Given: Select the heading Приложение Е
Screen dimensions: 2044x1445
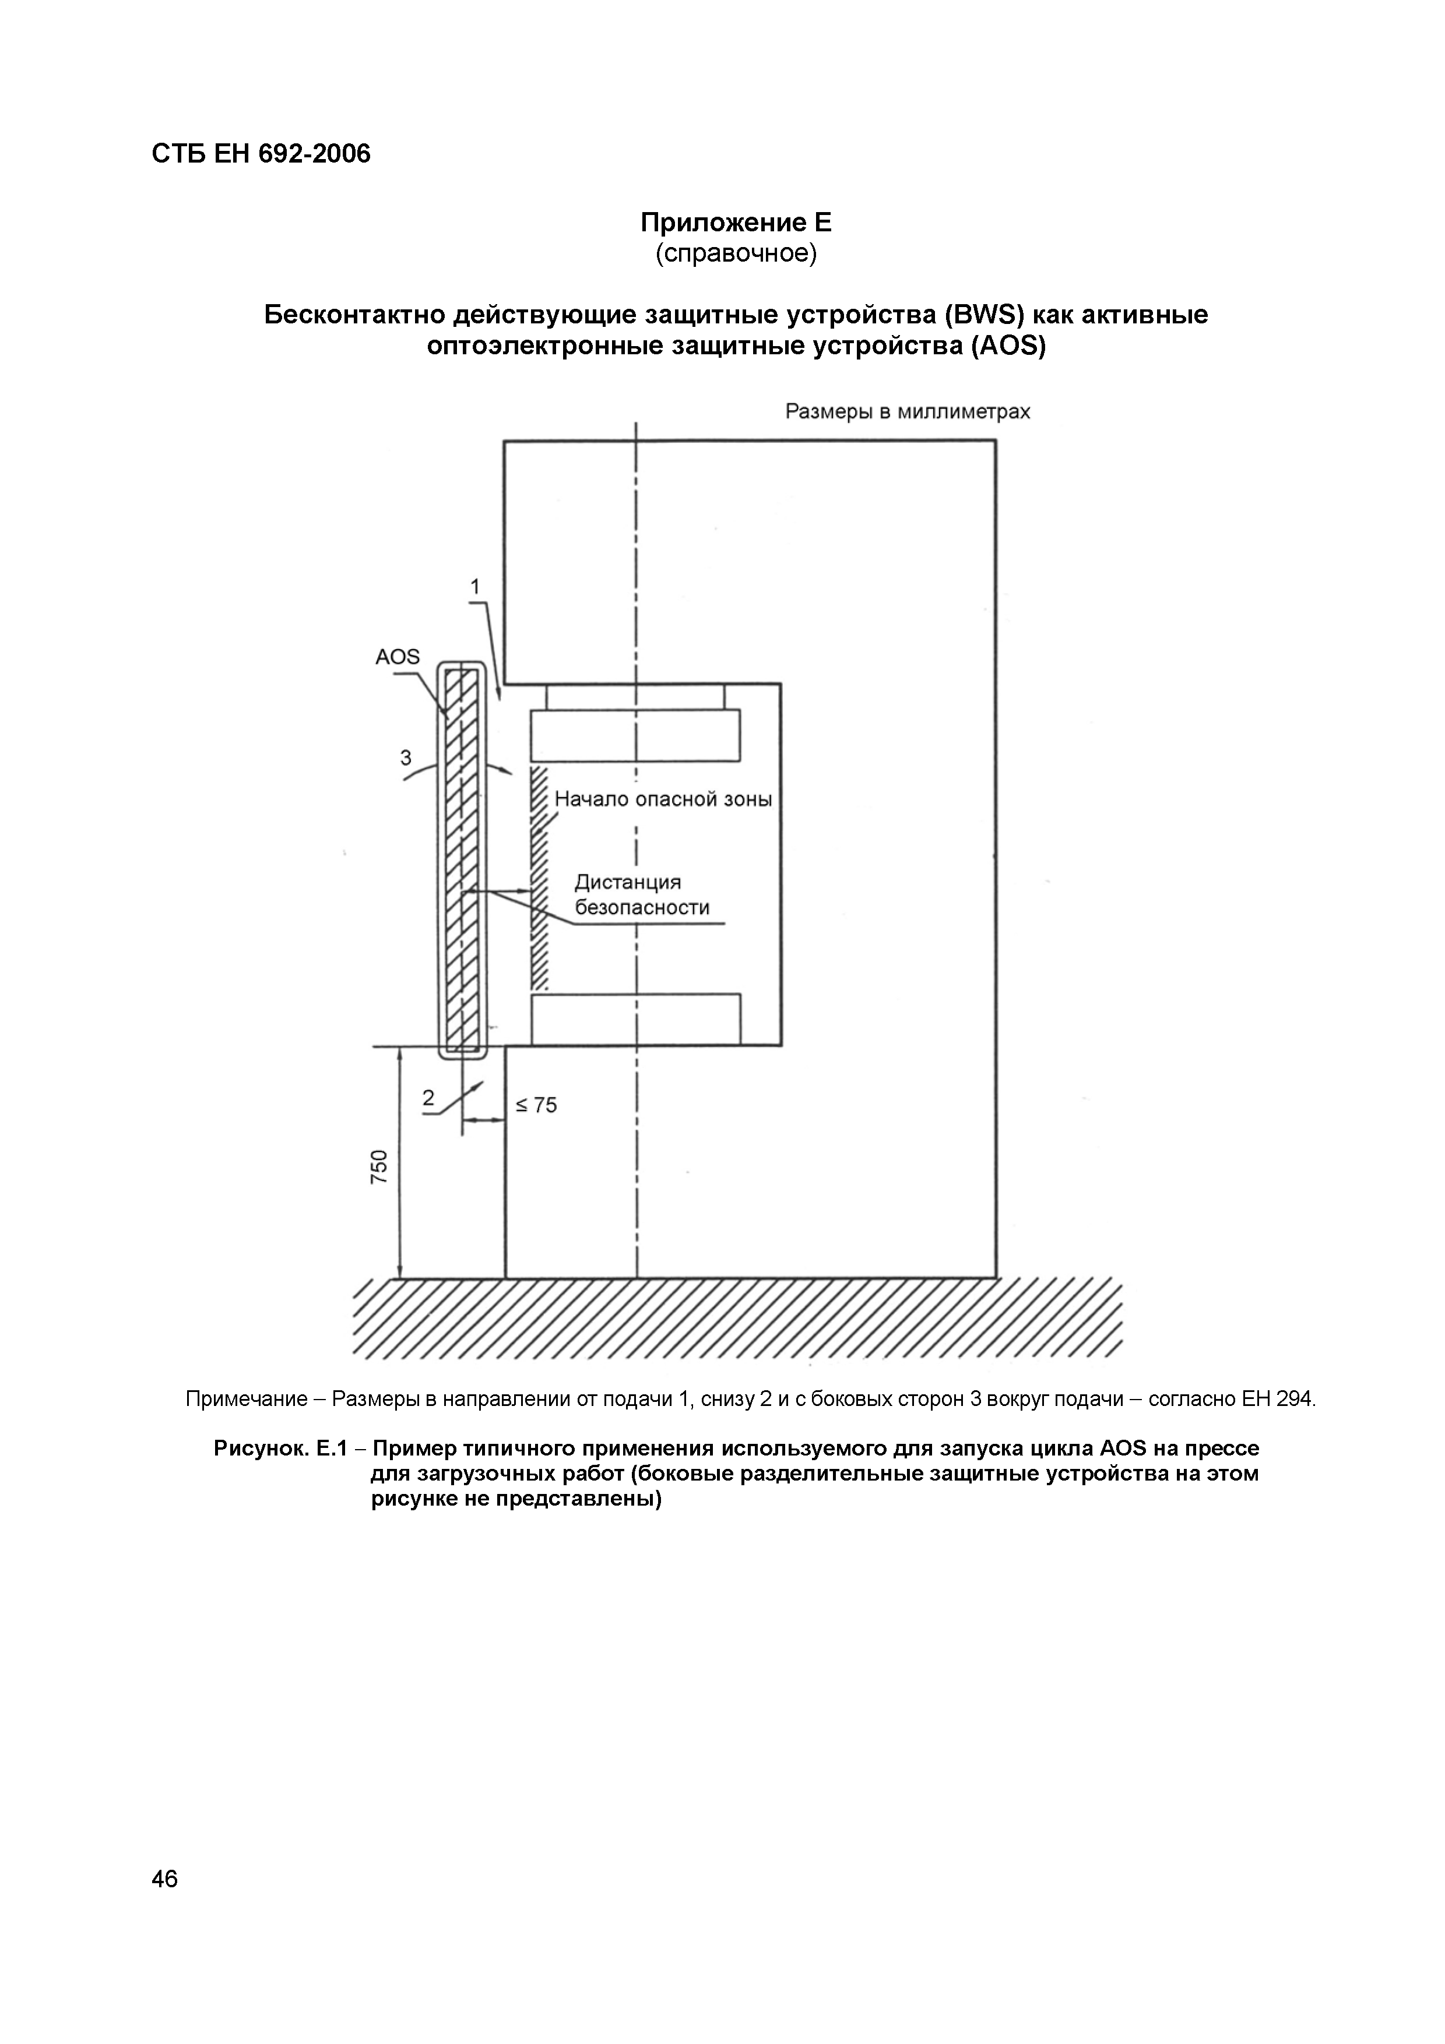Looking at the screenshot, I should point(736,221).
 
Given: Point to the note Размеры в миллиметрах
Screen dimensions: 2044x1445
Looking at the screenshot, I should point(907,411).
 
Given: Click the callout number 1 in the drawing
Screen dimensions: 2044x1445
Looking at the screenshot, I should point(476,587).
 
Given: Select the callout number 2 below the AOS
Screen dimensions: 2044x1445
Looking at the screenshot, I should point(429,1098).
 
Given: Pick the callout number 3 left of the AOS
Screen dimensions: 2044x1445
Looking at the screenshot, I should point(406,757).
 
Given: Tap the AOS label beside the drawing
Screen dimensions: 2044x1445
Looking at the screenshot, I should point(397,657).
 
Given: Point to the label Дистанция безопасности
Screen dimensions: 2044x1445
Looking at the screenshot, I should point(641,895).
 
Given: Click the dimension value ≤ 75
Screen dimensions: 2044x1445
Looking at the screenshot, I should point(537,1105).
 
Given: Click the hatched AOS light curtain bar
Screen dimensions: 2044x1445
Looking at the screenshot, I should point(463,859).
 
